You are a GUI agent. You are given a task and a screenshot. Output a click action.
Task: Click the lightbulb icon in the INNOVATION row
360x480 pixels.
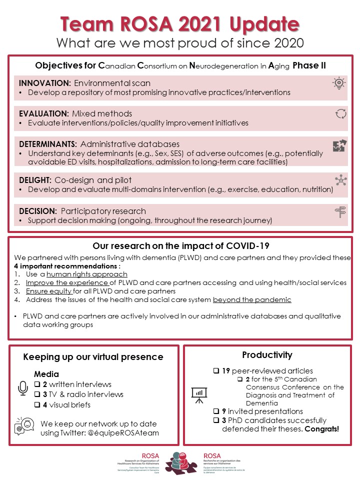(340, 82)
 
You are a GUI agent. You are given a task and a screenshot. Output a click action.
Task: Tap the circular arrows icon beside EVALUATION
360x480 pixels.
(340, 113)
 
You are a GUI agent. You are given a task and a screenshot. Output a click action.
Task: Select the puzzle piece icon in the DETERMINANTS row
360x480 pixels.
(340, 146)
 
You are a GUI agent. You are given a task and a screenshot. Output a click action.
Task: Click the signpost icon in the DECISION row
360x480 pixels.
(340, 212)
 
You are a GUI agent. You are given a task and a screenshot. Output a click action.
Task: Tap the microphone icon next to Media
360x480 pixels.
(23, 388)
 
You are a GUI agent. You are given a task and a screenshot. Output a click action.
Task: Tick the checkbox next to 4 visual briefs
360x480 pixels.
(37, 405)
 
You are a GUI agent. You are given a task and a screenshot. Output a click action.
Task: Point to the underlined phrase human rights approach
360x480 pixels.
(87, 274)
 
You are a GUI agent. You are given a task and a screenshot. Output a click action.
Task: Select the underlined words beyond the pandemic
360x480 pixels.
(252, 299)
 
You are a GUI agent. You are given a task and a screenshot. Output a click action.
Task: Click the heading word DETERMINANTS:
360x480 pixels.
(47, 144)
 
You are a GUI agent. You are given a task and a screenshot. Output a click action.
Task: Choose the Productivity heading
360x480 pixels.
(267, 355)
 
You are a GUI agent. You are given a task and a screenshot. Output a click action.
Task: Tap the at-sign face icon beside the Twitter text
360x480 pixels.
(24, 426)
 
